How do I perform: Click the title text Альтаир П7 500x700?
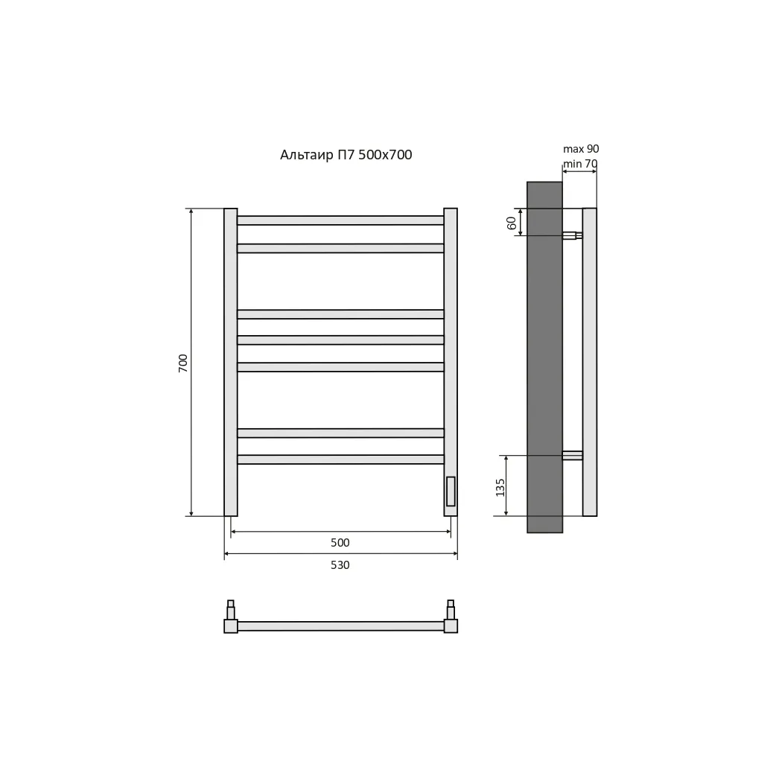click(x=346, y=155)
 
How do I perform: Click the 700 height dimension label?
click(x=183, y=363)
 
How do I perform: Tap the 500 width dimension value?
click(x=340, y=542)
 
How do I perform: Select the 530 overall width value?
click(x=340, y=564)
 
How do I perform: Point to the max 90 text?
click(x=581, y=148)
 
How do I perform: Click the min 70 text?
click(x=580, y=163)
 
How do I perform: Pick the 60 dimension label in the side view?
click(x=511, y=223)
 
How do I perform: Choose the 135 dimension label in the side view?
click(x=500, y=488)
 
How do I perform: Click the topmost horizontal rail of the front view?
click(x=340, y=220)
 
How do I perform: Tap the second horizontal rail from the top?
click(x=340, y=248)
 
